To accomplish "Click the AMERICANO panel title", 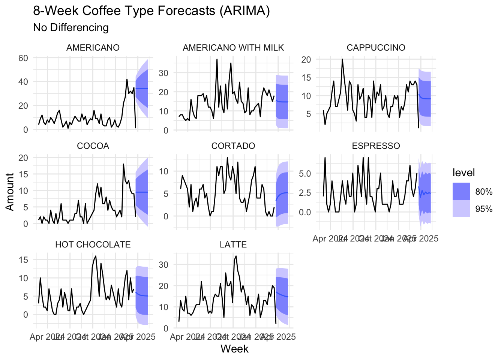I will tap(93, 48).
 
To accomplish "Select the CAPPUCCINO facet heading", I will tap(376, 48).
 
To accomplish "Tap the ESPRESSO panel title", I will tap(376, 146).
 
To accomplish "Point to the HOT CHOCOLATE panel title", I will tap(93, 244).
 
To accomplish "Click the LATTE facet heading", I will tap(233, 244).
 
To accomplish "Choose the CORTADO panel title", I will tap(233, 146).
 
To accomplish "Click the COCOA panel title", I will tap(93, 146).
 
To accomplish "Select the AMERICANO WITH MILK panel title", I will tap(233, 48).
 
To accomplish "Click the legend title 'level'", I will tap(463, 172).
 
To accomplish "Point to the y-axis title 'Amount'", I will tap(10, 192).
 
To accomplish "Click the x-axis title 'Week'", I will tap(234, 349).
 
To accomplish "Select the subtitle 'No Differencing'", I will tap(71, 27).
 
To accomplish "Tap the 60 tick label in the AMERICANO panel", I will tap(23, 58).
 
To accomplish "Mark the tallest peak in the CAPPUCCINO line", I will tap(342, 59).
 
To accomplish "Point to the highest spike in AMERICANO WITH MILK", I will tap(217, 59).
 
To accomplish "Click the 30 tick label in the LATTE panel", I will tap(163, 264).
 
